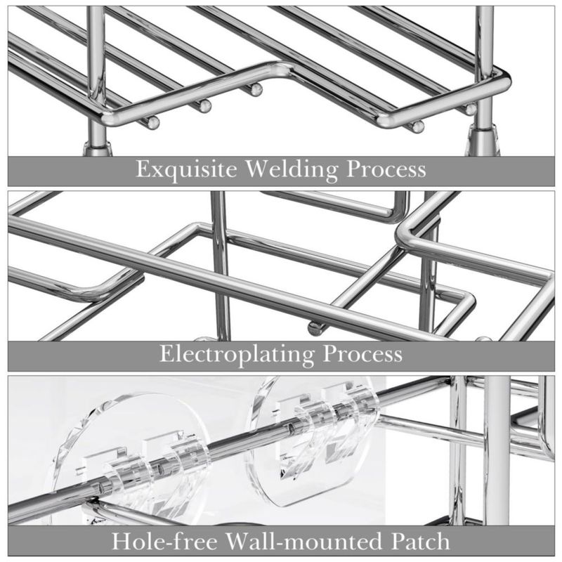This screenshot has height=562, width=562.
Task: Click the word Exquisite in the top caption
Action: click(x=186, y=170)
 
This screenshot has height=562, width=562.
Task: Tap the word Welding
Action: click(x=292, y=170)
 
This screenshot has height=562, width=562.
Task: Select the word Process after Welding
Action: click(x=386, y=170)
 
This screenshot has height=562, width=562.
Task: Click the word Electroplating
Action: click(x=237, y=355)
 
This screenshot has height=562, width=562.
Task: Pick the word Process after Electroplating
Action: click(x=362, y=355)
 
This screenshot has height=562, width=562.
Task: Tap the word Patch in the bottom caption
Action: click(x=420, y=541)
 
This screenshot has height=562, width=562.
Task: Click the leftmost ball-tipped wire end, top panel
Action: click(x=153, y=123)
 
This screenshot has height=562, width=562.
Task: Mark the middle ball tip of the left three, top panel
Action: click(x=205, y=106)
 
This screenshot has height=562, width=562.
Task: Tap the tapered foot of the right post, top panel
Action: click(x=482, y=143)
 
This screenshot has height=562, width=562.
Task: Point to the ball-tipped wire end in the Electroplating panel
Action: click(x=314, y=329)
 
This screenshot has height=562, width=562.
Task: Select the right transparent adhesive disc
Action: click(x=311, y=441)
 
